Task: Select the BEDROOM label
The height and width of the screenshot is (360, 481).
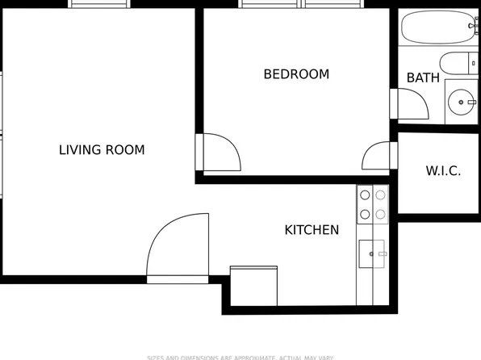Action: coord(296,74)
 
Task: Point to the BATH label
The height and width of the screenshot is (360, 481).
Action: coord(423,78)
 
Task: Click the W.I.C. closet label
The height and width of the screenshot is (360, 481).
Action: coord(443,171)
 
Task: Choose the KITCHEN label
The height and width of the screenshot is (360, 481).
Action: coord(312,230)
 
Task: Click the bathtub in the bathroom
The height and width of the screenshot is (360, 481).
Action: coord(439,30)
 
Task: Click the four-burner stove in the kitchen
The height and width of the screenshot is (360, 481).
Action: coord(372,203)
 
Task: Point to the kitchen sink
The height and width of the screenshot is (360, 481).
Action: coord(374,253)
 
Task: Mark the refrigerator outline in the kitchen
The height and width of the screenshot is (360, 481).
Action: coord(254,285)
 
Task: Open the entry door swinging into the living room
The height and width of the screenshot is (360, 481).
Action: coord(178,245)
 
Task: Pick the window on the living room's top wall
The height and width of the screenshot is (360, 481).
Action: coord(99,4)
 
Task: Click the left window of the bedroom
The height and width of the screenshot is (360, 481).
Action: coord(270,4)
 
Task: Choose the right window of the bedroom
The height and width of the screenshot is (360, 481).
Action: coord(333,4)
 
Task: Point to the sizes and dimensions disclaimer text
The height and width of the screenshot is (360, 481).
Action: coord(240,357)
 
